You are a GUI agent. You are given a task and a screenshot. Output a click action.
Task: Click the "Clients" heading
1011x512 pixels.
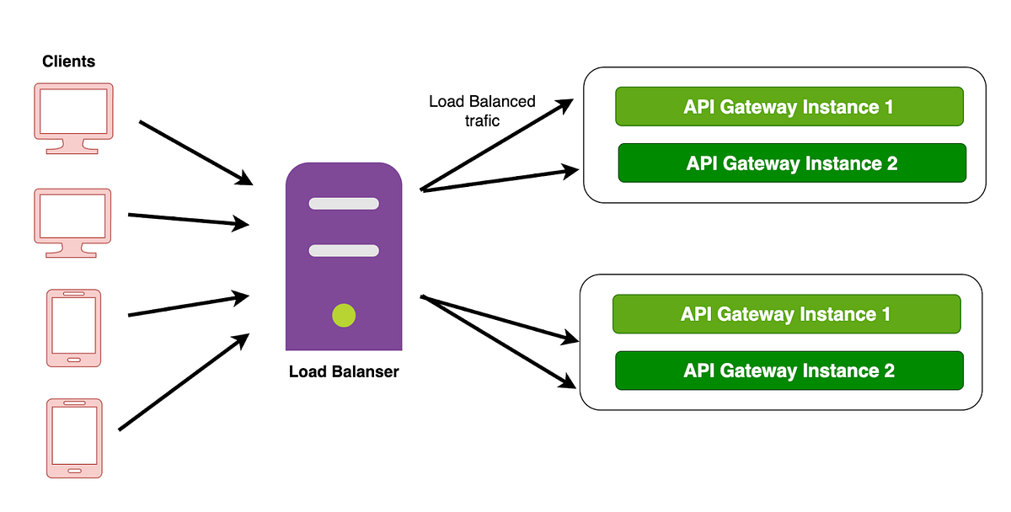coord(68,61)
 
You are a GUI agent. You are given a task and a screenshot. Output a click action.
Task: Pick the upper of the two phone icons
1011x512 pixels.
coord(73,328)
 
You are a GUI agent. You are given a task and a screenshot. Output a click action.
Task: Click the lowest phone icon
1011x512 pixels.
coord(73,438)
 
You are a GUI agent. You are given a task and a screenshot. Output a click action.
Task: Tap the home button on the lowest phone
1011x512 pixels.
coord(73,469)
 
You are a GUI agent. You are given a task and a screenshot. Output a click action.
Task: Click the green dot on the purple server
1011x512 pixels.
coord(344,315)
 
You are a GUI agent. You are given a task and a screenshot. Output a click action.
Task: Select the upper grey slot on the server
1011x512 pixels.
coord(344,204)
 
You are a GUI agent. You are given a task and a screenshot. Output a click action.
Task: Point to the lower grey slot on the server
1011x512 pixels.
coord(344,250)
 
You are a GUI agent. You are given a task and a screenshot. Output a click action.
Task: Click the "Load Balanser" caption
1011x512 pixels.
coord(344,371)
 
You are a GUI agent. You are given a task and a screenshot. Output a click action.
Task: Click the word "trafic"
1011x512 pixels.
coord(482,121)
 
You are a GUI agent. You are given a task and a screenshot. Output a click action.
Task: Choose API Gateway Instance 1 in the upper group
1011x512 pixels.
coord(789,107)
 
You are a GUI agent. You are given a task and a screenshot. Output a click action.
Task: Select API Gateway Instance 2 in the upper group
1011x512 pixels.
coord(791,163)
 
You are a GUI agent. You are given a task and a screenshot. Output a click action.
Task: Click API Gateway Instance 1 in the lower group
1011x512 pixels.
coord(786,314)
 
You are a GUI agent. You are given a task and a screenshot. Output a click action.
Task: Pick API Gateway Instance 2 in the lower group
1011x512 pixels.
coord(789,371)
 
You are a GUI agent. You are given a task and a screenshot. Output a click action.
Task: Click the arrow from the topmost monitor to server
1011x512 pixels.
coord(195,152)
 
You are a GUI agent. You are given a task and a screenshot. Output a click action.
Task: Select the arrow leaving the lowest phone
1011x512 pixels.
coord(184,382)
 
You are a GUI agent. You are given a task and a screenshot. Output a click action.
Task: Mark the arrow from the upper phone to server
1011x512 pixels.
coord(189,305)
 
